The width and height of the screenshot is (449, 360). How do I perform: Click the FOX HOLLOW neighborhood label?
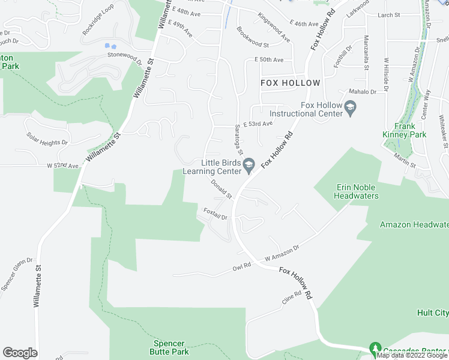(290, 83)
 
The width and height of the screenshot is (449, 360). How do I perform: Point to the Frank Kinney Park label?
(410, 130)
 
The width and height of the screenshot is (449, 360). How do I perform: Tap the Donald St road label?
(221, 189)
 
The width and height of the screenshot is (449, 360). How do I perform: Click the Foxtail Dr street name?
(215, 214)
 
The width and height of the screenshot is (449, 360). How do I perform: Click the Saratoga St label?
(238, 139)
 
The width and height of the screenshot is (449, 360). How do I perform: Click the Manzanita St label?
(366, 53)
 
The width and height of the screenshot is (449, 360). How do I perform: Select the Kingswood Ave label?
(274, 27)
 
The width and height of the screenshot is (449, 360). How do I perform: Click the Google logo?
(20, 353)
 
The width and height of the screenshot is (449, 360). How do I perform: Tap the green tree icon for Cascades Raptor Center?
(376, 349)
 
